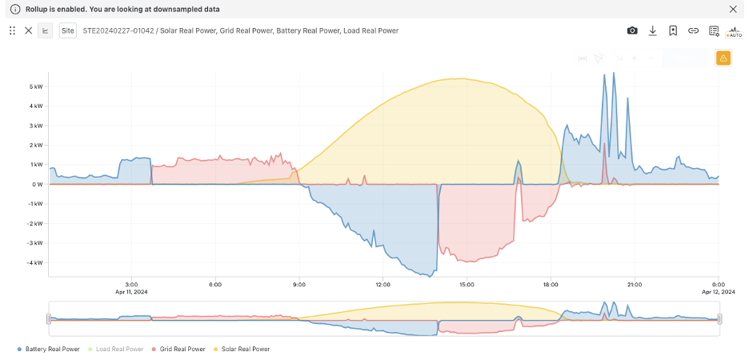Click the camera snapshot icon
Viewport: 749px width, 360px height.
click(x=632, y=30)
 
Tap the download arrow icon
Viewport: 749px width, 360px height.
click(x=652, y=30)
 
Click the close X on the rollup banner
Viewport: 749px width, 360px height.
click(x=733, y=9)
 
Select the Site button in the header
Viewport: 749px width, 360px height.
click(x=68, y=30)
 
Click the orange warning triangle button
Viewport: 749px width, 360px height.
click(x=723, y=58)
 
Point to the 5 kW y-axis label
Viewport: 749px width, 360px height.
click(x=36, y=86)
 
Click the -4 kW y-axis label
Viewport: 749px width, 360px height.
click(x=35, y=262)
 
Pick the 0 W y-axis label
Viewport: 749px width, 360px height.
click(x=38, y=184)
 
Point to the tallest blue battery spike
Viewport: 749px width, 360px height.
click(x=614, y=73)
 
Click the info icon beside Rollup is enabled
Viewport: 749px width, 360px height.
click(x=14, y=9)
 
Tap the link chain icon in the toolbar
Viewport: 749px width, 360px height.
click(x=693, y=30)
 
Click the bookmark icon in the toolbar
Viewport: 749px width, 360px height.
click(x=673, y=30)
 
